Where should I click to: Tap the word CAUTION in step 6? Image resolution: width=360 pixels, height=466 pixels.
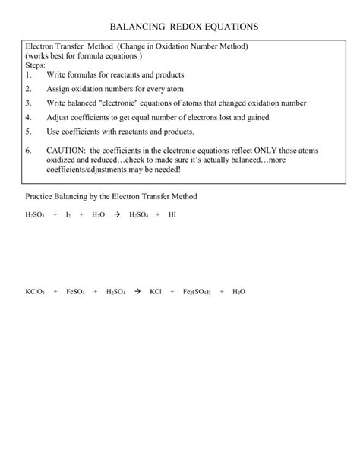pos(65,151)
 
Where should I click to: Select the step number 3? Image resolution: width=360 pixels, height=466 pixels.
pos(28,103)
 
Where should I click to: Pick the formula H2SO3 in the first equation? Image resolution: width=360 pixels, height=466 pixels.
pos(35,215)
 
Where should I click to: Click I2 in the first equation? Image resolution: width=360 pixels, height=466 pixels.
pos(68,215)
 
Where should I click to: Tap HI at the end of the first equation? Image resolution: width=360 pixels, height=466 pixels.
pos(172,215)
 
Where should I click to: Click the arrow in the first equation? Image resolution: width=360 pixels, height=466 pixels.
pos(117,215)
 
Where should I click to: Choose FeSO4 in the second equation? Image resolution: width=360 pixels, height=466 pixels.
pos(76,291)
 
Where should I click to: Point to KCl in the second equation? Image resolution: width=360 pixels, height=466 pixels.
pos(156,291)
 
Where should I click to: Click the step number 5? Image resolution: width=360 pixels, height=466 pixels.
pos(28,131)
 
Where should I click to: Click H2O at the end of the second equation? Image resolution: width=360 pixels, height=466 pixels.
pos(238,291)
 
